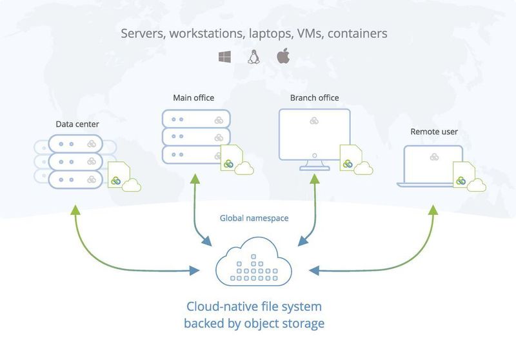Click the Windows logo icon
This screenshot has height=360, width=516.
click(x=225, y=57)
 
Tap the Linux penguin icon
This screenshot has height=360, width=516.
click(x=253, y=57)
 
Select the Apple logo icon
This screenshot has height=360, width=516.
click(x=283, y=56)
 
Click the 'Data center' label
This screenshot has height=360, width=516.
click(x=77, y=123)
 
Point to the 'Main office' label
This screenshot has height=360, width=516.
click(x=193, y=98)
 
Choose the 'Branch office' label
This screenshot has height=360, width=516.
click(x=315, y=98)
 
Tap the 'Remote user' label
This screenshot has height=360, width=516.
click(x=434, y=132)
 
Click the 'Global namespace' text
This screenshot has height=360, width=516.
click(x=254, y=219)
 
